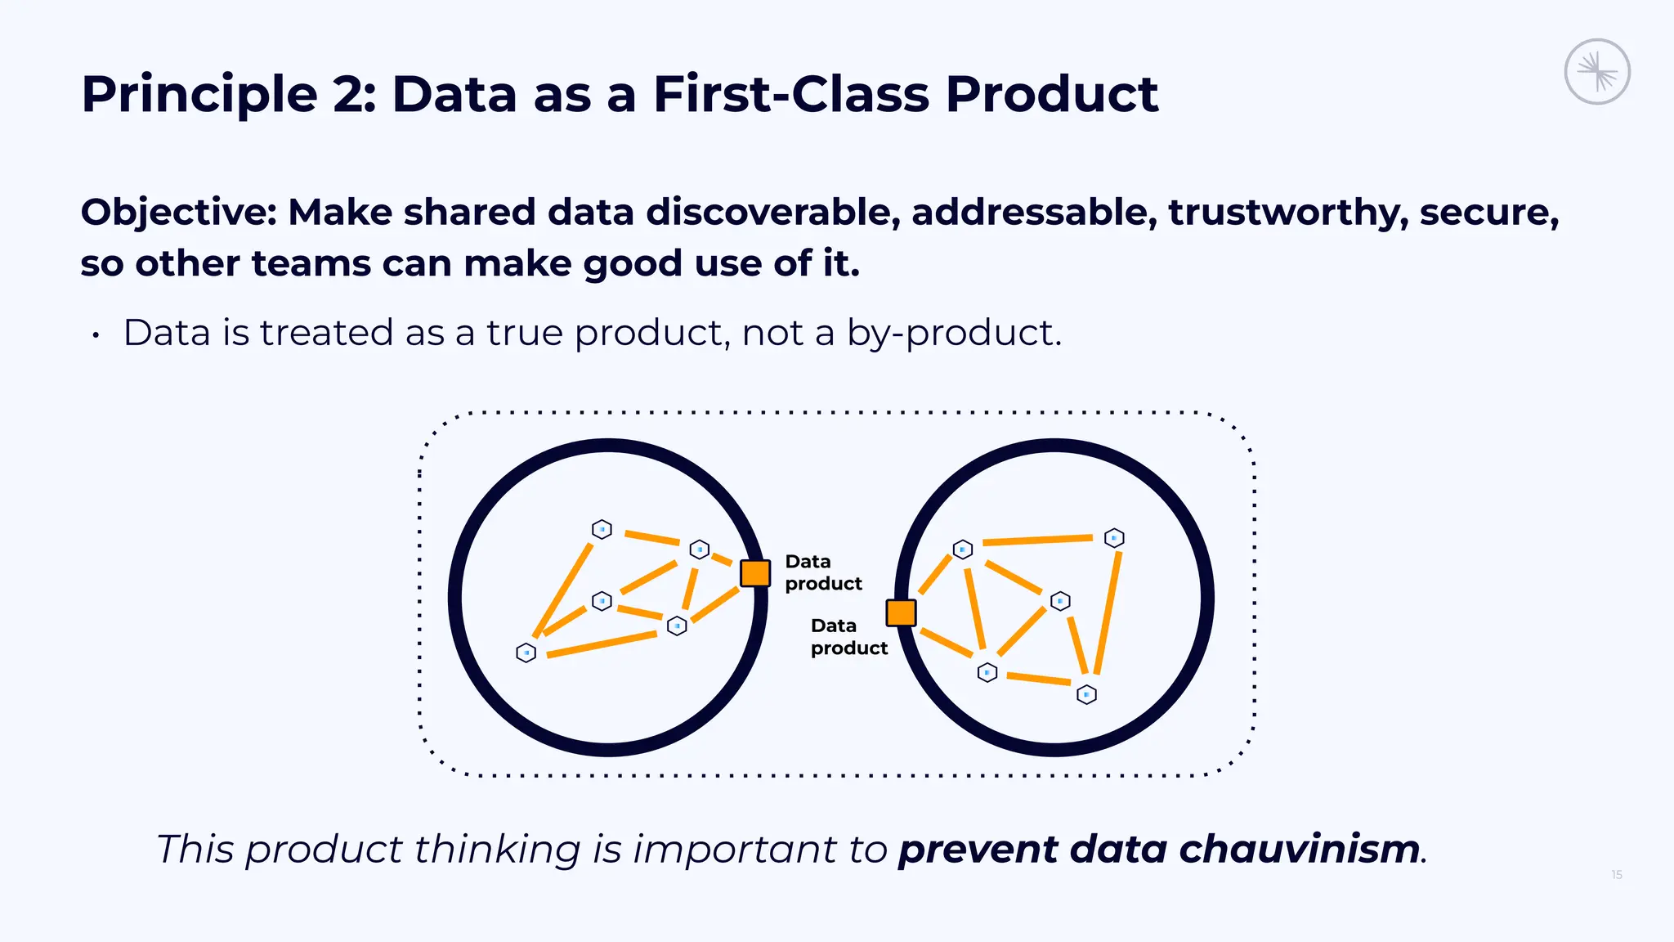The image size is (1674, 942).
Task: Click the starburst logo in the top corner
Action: [1597, 72]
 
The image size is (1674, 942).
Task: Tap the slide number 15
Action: [1616, 875]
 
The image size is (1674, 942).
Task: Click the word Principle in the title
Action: [199, 94]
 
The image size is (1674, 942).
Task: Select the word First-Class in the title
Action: [790, 94]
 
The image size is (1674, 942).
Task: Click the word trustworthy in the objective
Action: [1287, 213]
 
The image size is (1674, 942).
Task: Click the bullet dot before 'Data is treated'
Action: [96, 335]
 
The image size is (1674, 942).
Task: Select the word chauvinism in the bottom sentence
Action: [1299, 849]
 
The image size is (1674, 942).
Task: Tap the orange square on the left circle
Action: [754, 573]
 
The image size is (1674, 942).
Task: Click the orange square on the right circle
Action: [901, 612]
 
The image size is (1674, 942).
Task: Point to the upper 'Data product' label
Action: [822, 572]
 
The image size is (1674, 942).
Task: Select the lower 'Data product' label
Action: [848, 637]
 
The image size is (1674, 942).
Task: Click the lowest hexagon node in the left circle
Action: [526, 653]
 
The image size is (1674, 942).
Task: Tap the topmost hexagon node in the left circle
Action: [602, 529]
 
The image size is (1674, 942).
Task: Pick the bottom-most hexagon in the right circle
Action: [1086, 694]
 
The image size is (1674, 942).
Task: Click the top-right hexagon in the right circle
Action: [1114, 538]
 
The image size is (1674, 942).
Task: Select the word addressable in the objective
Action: [1034, 213]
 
